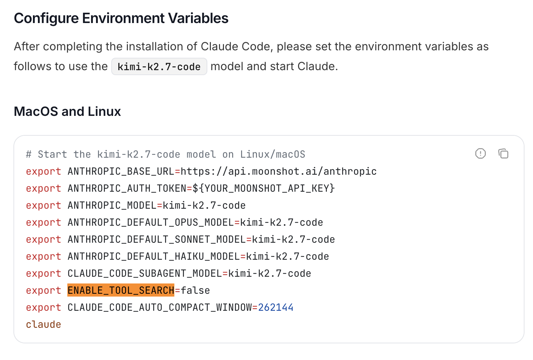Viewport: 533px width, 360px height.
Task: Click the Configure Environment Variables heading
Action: (121, 18)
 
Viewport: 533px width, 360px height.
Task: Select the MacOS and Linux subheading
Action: (67, 111)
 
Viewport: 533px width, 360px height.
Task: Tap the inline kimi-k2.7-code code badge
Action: (159, 67)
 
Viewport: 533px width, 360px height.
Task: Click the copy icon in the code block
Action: (503, 153)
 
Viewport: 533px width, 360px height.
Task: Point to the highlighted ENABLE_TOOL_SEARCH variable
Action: (121, 290)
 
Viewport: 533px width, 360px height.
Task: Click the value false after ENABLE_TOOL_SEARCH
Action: (195, 290)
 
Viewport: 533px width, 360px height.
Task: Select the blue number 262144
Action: (276, 308)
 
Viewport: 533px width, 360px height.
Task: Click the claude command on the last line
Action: (44, 325)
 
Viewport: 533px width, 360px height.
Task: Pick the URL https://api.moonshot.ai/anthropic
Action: (279, 171)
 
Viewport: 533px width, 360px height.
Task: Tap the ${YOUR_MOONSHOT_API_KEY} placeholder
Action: (264, 189)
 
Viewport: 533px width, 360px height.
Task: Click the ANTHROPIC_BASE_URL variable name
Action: (121, 171)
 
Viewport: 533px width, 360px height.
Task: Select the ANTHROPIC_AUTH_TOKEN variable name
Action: (127, 189)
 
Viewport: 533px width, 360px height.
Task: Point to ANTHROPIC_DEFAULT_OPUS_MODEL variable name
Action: (151, 223)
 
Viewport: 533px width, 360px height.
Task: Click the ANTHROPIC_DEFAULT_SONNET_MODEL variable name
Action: (157, 240)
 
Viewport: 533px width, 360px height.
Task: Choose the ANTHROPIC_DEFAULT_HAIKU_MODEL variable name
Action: (154, 257)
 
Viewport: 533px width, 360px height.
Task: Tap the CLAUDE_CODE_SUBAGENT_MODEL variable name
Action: (145, 274)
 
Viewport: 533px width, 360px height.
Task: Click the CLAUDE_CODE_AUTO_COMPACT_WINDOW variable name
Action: (160, 308)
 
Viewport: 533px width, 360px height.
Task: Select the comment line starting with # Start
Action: (165, 154)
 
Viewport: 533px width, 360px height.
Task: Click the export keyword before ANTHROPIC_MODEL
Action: (44, 206)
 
